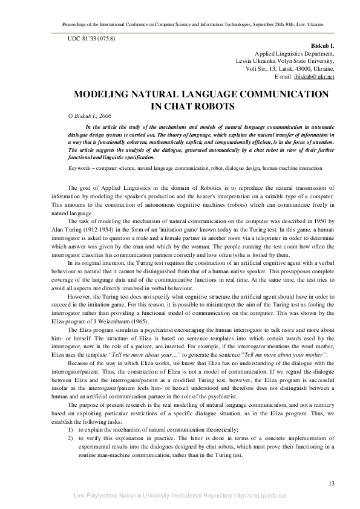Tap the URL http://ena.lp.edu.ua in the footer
[258, 496]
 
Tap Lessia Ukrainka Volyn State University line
[284, 62]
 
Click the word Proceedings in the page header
[78, 24]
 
